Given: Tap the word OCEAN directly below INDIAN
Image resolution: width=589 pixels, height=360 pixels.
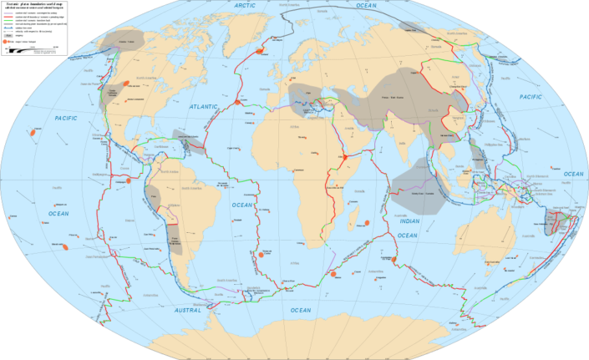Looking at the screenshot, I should [x=407, y=236].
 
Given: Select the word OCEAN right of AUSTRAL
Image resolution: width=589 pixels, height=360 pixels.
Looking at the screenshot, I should [x=300, y=311].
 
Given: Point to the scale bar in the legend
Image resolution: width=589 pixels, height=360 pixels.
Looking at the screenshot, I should [x=33, y=50].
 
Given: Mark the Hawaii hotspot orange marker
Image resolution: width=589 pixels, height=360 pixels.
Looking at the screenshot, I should [x=32, y=132].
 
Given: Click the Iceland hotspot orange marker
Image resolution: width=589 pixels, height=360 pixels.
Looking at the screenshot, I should [x=261, y=50].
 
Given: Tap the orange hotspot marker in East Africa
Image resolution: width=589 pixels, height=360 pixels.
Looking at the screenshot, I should [x=343, y=156].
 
